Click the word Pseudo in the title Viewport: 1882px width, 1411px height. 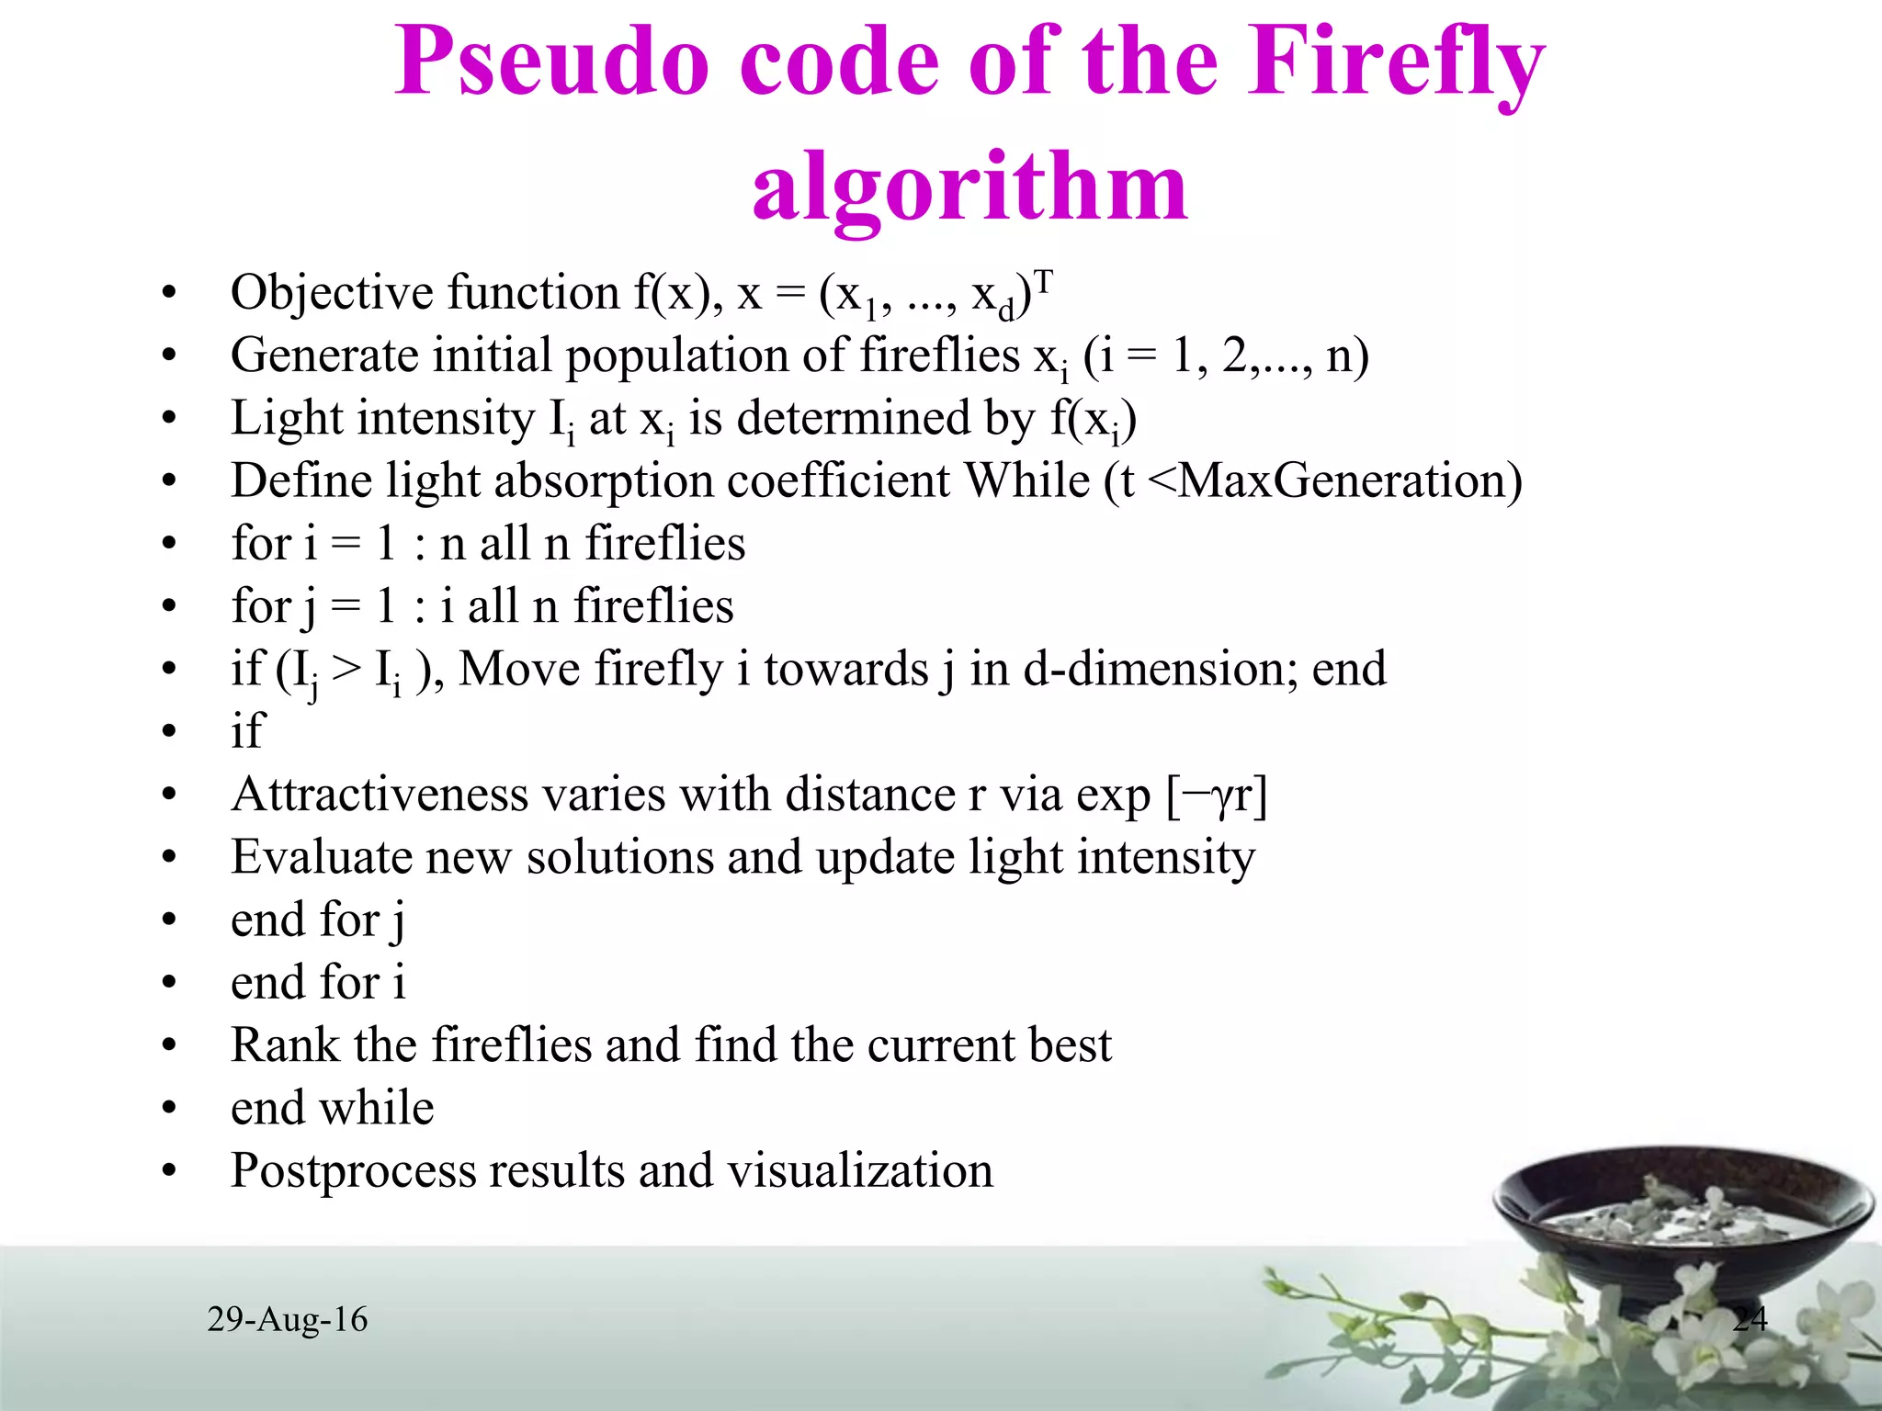[x=551, y=62]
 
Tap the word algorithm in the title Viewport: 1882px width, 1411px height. [x=969, y=188]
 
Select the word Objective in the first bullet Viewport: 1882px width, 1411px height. [x=331, y=294]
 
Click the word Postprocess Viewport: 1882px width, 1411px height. [x=352, y=1172]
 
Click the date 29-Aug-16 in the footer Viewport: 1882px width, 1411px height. [x=288, y=1320]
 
